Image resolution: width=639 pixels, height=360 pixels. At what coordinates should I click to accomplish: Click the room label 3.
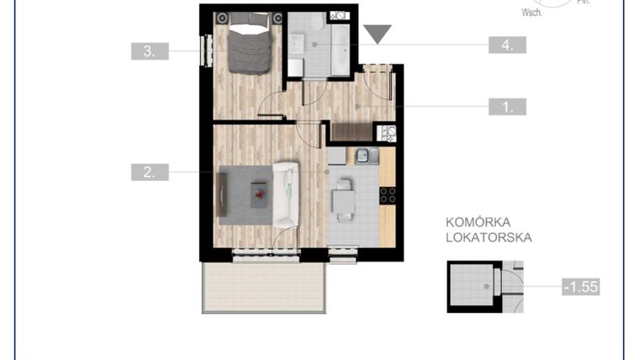150,50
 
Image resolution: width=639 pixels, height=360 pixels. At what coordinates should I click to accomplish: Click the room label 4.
507,45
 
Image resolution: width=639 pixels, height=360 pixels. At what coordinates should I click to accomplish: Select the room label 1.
507,107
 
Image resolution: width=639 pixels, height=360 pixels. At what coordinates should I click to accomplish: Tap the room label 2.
150,172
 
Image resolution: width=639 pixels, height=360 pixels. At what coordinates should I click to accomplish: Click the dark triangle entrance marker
378,34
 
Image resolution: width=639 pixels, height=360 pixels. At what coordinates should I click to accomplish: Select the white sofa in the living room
286,193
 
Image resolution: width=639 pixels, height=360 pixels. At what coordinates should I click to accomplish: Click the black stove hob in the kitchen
388,195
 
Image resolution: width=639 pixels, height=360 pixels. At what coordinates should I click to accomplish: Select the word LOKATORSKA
488,238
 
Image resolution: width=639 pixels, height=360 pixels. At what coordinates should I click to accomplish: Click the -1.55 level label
579,287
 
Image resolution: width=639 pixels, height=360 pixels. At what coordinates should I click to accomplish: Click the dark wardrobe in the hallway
352,131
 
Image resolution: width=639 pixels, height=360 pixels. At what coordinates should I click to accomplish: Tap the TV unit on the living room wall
221,194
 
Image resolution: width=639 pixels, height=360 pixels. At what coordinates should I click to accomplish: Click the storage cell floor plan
475,286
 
